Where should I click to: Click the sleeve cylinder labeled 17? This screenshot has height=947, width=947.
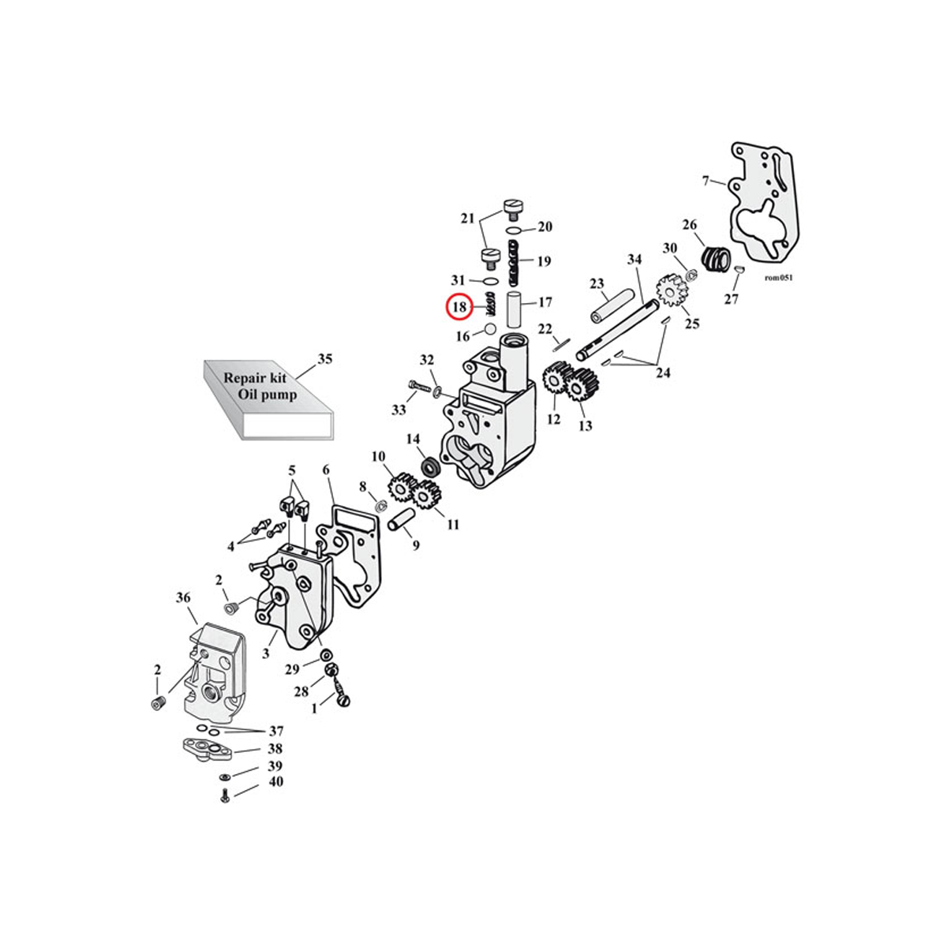pos(515,310)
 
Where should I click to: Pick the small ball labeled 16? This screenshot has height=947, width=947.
pos(489,329)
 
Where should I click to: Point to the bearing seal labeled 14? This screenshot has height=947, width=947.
pos(430,466)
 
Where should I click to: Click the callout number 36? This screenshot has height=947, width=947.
pos(182,599)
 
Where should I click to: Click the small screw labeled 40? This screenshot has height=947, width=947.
pos(224,798)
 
